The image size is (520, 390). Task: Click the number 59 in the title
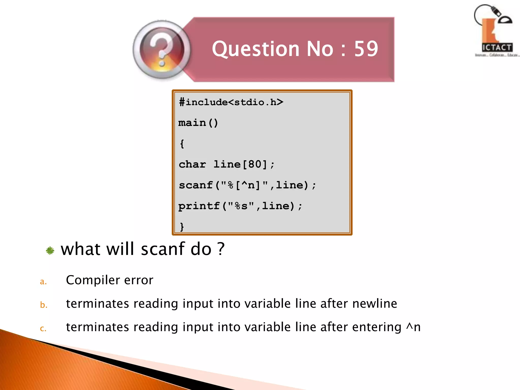tap(366, 49)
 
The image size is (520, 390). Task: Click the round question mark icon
tap(162, 50)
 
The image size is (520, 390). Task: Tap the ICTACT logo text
tap(497, 47)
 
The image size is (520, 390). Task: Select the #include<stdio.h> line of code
tap(231, 102)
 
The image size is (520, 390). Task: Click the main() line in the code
tap(198, 123)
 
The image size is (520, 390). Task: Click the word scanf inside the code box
tap(196, 185)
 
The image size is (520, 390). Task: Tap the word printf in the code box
tap(199, 206)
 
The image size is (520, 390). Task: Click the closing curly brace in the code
tap(182, 226)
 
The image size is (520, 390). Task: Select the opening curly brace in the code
tap(182, 144)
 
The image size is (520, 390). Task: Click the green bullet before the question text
tap(50, 251)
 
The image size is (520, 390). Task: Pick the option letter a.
tap(43, 282)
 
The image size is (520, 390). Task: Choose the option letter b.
tap(44, 305)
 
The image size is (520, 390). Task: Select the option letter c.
tap(43, 329)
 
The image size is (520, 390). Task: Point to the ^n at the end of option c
tap(413, 327)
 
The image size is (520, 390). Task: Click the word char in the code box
tap(192, 164)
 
